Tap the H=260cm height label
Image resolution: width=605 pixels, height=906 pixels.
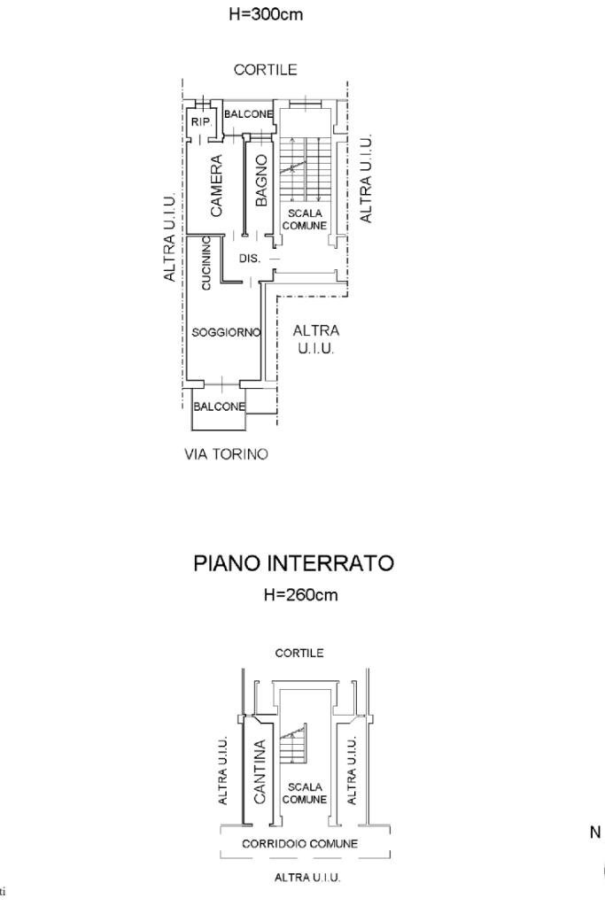300,595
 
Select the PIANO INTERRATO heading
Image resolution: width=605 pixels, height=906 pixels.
293,563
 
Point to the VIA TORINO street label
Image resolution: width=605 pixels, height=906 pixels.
226,454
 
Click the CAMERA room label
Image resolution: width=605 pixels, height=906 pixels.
216,186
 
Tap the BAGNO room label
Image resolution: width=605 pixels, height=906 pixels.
261,181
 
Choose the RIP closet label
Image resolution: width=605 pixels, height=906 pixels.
200,122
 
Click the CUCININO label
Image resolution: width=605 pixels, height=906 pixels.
206,262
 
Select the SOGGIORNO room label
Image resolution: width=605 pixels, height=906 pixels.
226,332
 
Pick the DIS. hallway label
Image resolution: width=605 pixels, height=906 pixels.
250,259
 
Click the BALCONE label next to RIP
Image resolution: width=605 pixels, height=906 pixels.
247,114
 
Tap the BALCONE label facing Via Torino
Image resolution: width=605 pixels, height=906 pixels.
219,407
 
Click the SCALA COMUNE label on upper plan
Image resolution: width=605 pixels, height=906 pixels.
305,220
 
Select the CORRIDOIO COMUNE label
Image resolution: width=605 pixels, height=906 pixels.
300,843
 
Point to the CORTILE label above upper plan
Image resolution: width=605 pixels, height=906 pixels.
265,70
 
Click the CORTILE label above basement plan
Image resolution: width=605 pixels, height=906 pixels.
299,653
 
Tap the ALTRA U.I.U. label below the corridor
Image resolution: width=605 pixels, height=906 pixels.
307,878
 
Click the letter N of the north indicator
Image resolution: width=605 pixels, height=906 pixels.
595,832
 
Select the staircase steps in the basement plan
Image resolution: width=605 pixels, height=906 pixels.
292,745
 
